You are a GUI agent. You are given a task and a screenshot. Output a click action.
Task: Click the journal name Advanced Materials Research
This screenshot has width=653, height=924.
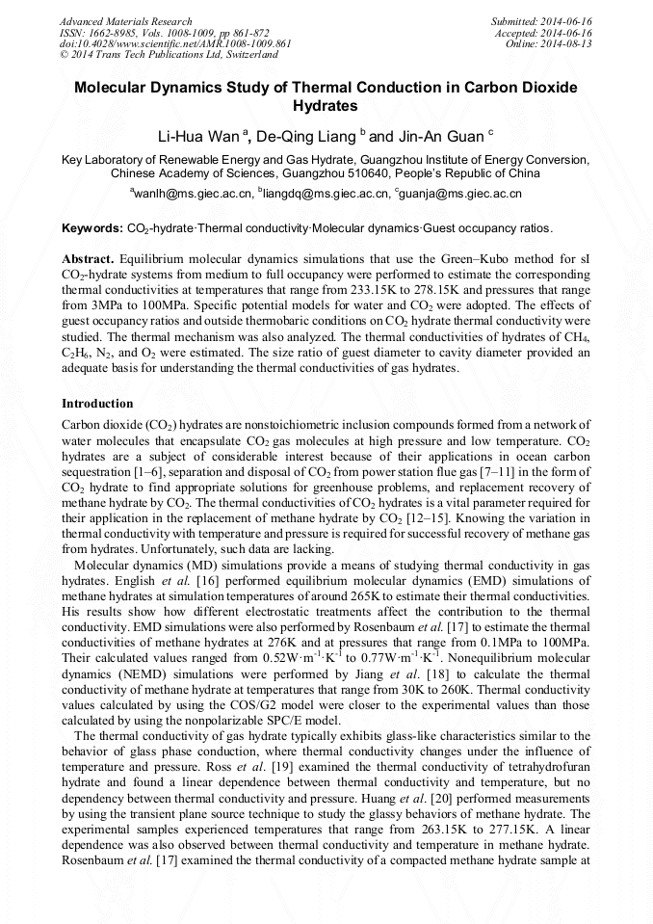[x=126, y=21]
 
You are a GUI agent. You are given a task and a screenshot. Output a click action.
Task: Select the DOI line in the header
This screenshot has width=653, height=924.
[x=176, y=44]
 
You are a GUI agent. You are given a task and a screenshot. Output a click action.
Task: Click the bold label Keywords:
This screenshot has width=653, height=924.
[x=92, y=229]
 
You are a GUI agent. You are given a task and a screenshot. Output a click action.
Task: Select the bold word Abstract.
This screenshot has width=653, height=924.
[x=88, y=260]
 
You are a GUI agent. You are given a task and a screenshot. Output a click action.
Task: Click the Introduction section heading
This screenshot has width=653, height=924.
[x=97, y=403]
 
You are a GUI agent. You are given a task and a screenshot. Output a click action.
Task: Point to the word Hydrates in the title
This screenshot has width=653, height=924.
[x=326, y=106]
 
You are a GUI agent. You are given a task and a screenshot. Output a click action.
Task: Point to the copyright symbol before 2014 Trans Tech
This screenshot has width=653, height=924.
[x=64, y=56]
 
